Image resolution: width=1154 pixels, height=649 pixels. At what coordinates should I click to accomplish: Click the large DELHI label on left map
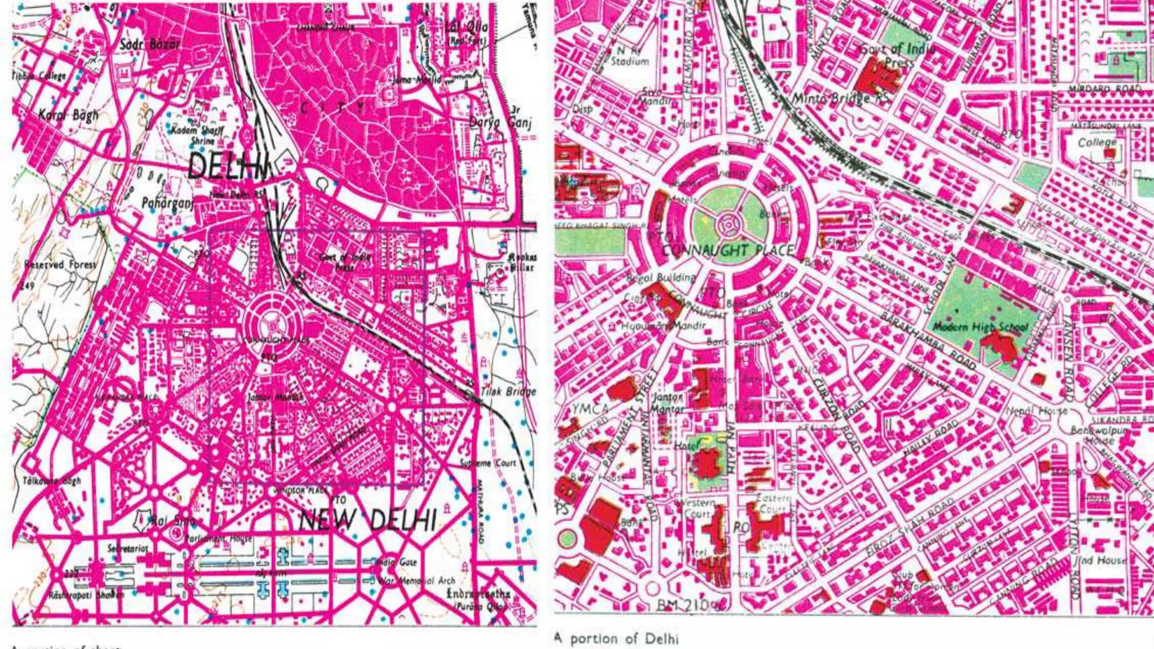click(x=228, y=166)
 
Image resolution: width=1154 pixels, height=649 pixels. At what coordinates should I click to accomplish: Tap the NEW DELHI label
click(x=368, y=519)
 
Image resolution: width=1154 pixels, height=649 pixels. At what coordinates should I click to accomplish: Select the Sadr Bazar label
click(x=150, y=44)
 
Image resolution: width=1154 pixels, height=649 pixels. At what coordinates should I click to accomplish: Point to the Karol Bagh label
click(x=68, y=115)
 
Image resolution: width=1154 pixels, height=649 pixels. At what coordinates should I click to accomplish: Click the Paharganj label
click(x=167, y=203)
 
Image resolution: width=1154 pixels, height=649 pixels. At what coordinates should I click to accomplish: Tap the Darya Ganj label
click(x=500, y=122)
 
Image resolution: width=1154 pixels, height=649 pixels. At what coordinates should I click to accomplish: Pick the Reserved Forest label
click(x=60, y=264)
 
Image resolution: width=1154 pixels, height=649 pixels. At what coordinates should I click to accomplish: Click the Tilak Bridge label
click(x=508, y=391)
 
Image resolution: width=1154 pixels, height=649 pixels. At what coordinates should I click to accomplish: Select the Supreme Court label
click(x=487, y=463)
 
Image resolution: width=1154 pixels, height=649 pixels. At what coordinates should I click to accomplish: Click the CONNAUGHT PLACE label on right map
click(x=728, y=250)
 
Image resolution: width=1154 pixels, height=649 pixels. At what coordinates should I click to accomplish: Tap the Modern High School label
click(x=980, y=327)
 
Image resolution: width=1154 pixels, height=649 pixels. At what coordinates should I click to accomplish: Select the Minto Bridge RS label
click(x=841, y=98)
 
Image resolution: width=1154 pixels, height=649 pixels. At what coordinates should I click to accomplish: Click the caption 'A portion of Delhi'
click(x=616, y=638)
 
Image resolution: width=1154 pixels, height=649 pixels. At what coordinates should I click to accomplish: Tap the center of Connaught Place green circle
click(x=729, y=224)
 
